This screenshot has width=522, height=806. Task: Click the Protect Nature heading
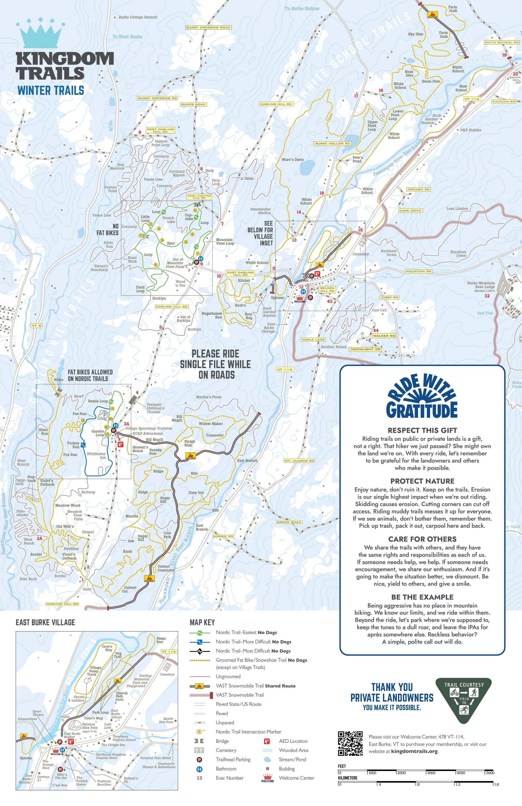pyautogui.click(x=422, y=481)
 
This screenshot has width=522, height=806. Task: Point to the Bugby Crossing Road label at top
pyautogui.click(x=208, y=27)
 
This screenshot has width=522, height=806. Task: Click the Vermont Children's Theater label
pyautogui.click(x=155, y=408)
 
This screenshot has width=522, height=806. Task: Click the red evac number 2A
pyautogui.click(x=39, y=538)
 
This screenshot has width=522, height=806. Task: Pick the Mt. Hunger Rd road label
pyautogui.click(x=299, y=461)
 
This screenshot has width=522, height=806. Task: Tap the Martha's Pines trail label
pyautogui.click(x=209, y=397)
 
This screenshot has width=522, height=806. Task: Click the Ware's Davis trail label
pyautogui.click(x=293, y=159)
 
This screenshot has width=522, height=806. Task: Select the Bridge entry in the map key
pyautogui.click(x=222, y=741)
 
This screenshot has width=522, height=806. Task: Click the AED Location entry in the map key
pyautogui.click(x=293, y=741)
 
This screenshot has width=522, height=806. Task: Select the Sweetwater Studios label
pyautogui.click(x=260, y=211)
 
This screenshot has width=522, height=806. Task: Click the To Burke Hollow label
pyautogui.click(x=302, y=8)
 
